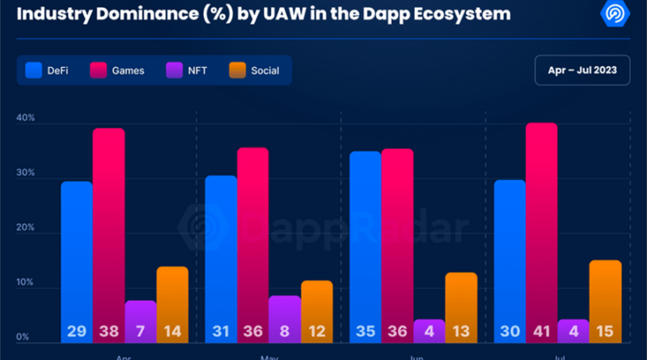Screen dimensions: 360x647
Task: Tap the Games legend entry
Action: [x=118, y=70]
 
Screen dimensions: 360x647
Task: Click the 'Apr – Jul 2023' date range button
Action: [x=581, y=70]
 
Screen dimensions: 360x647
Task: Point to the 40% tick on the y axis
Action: [x=26, y=119]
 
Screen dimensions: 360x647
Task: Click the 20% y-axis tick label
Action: [x=26, y=229]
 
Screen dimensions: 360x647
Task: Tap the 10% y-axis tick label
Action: [x=26, y=283]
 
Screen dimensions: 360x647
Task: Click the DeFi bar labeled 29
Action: [x=77, y=259]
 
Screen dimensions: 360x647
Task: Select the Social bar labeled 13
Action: [x=461, y=304]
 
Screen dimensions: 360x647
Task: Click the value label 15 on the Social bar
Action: [x=605, y=331]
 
